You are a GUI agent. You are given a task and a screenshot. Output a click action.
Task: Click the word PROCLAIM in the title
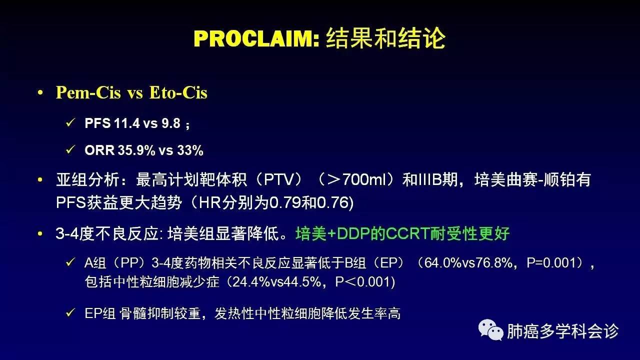pyautogui.click(x=256, y=38)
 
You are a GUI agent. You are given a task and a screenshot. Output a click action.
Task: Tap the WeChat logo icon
pyautogui.click(x=491, y=330)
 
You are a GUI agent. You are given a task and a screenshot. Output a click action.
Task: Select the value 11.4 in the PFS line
pyautogui.click(x=127, y=123)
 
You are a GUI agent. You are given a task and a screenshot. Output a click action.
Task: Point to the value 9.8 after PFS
pyautogui.click(x=171, y=123)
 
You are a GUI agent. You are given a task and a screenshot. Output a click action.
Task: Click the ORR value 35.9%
pyautogui.click(x=136, y=150)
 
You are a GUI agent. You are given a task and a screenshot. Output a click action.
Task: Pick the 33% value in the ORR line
pyautogui.click(x=190, y=150)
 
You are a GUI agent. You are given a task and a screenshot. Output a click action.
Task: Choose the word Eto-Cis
pyautogui.click(x=178, y=93)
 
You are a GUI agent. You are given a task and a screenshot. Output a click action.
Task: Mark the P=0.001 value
pyautogui.click(x=551, y=263)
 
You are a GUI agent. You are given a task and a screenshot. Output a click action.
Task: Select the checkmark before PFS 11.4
pyautogui.click(x=70, y=123)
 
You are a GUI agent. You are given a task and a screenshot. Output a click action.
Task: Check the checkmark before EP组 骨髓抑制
pyautogui.click(x=70, y=312)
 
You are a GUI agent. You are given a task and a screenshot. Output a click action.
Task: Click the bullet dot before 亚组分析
pyautogui.click(x=40, y=180)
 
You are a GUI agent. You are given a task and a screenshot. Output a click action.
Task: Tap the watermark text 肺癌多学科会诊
pyautogui.click(x=562, y=331)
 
